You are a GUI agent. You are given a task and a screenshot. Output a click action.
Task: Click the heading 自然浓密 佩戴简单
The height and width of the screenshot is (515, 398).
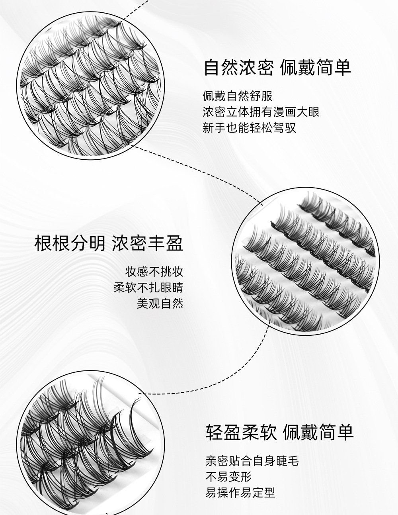277,67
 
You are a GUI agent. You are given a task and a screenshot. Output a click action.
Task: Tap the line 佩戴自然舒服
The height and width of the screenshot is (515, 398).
238,96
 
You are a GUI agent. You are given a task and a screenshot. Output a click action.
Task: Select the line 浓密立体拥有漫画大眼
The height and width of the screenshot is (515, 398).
261,112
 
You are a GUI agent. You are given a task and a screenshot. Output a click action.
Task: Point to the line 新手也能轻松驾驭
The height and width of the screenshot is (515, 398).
249,128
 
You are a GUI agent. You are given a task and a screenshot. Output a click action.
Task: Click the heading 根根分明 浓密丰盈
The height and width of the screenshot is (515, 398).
109,243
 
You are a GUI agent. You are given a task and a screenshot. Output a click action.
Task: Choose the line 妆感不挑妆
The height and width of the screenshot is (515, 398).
154,272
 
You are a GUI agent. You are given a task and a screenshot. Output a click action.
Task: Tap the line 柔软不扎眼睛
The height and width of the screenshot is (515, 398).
148,288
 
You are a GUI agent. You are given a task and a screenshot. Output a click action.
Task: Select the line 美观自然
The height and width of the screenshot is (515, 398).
160,304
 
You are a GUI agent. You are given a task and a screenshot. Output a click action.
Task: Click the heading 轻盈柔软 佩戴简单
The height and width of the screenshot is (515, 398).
279,432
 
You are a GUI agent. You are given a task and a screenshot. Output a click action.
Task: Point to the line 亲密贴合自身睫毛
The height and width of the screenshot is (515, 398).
252,461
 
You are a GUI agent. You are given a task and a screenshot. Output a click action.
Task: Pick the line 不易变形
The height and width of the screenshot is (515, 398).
228,477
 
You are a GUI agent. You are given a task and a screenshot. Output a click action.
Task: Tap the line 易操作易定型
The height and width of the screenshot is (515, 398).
240,493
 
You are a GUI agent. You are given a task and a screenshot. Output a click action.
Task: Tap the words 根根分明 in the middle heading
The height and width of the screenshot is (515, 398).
70,243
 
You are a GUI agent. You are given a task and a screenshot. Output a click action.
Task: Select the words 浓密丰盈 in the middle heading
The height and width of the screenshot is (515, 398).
148,243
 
